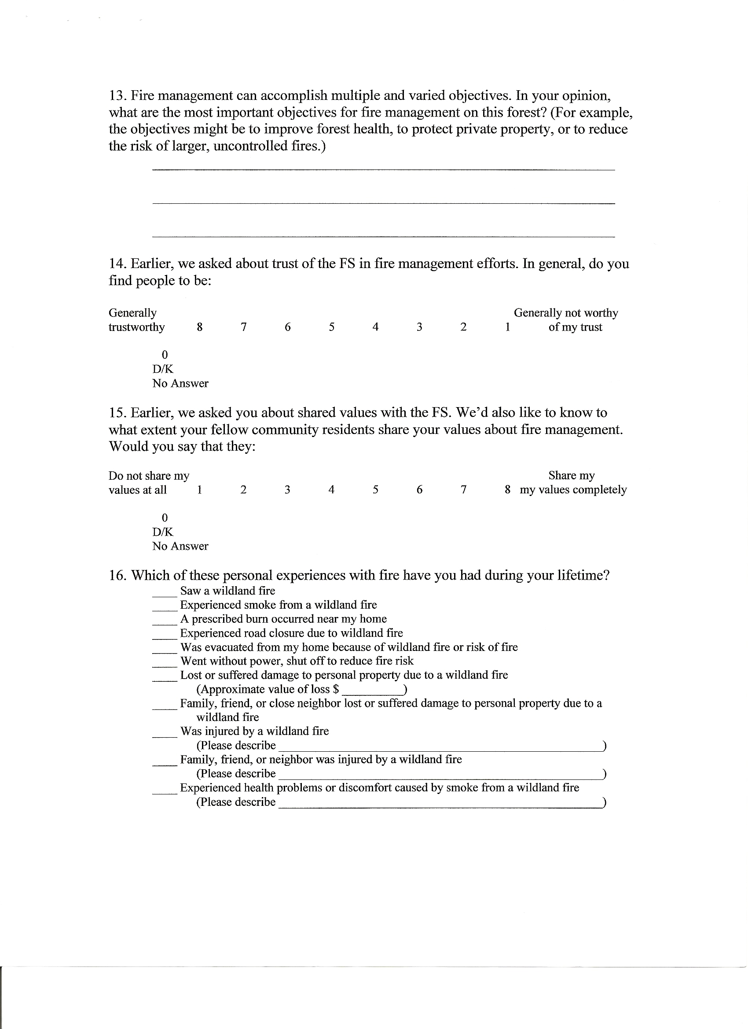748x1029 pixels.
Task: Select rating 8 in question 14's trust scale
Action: pyautogui.click(x=200, y=327)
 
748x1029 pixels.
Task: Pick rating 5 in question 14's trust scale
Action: pyautogui.click(x=332, y=327)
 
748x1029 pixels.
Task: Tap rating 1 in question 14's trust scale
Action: pyautogui.click(x=508, y=327)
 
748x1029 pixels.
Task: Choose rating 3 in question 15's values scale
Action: pyautogui.click(x=288, y=490)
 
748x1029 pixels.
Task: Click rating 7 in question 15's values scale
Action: pyautogui.click(x=464, y=490)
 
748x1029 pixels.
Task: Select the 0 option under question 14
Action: pyautogui.click(x=165, y=355)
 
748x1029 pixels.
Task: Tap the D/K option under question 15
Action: pyautogui.click(x=163, y=532)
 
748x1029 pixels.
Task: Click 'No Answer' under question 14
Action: pyautogui.click(x=180, y=384)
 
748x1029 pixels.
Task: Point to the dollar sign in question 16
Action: pyautogui.click(x=336, y=690)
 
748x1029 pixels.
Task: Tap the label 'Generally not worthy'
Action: pyautogui.click(x=566, y=313)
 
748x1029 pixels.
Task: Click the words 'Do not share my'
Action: pyautogui.click(x=149, y=476)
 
